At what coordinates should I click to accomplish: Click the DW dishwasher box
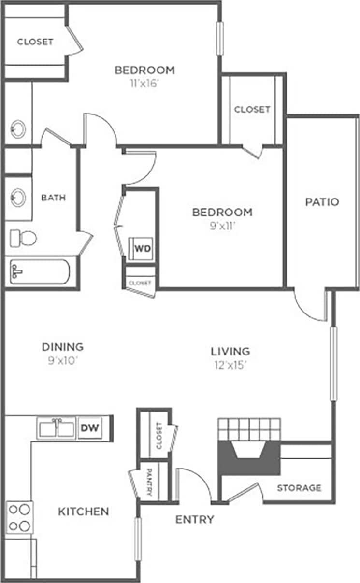pyautogui.click(x=90, y=428)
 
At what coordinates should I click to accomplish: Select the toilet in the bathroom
pyautogui.click(x=24, y=237)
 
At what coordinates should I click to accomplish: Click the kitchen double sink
pyautogui.click(x=57, y=428)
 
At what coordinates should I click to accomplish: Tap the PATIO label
pyautogui.click(x=322, y=202)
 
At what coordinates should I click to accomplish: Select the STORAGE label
pyautogui.click(x=299, y=488)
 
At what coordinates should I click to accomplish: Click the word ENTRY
pyautogui.click(x=194, y=520)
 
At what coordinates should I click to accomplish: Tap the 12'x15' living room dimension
pyautogui.click(x=230, y=365)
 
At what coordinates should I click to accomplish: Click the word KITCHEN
pyautogui.click(x=84, y=511)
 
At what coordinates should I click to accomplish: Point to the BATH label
pyautogui.click(x=53, y=197)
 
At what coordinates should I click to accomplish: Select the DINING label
pyautogui.click(x=62, y=346)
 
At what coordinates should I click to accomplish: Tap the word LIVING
pyautogui.click(x=230, y=351)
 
